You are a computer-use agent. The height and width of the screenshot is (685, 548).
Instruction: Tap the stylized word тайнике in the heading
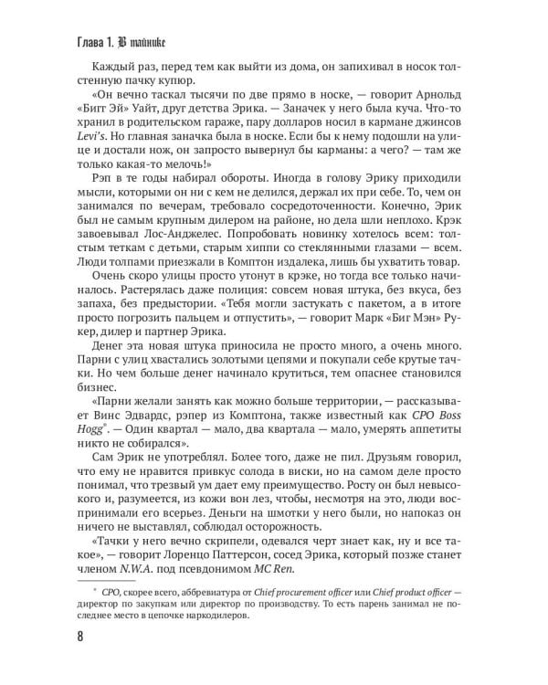click(143, 40)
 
